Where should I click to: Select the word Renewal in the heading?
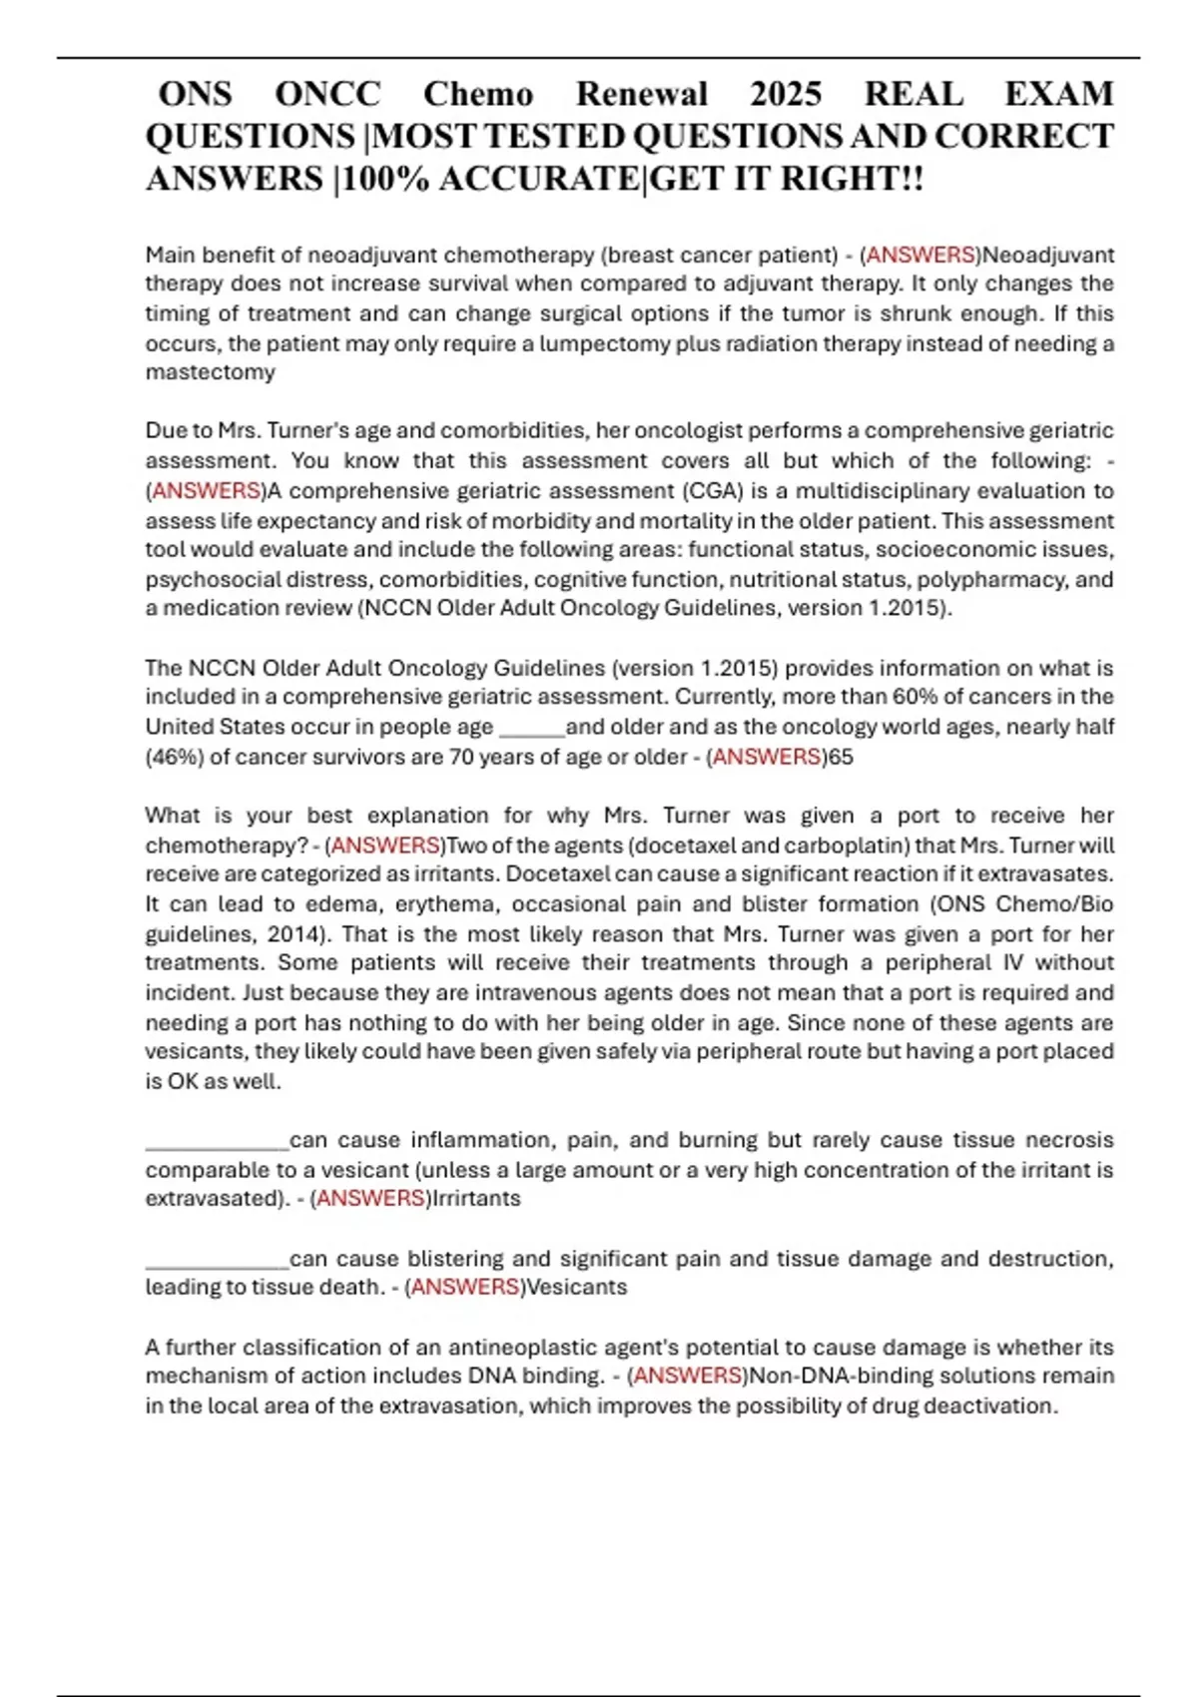coord(642,94)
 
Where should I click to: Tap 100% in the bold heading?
coord(385,179)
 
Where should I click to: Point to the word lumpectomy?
coord(607,343)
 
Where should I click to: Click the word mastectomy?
coord(210,372)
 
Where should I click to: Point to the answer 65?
coord(842,757)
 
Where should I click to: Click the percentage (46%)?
coord(175,757)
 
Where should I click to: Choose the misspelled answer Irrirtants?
coord(476,1198)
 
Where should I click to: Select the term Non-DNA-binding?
coord(826,1376)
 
